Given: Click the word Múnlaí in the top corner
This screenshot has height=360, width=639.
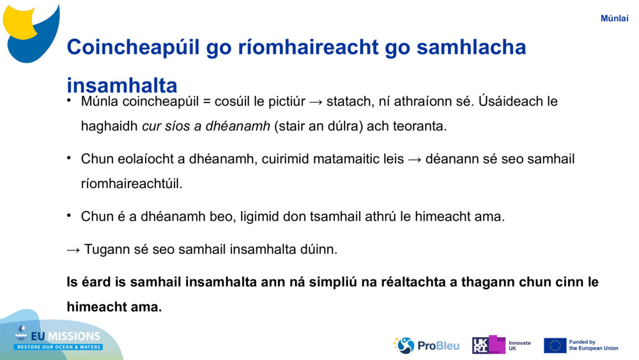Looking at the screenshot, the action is pos(614,19).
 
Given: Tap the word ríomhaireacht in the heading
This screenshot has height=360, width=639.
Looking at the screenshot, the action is pos(292,47).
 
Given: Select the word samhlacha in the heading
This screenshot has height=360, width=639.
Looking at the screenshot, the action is pos(471,47).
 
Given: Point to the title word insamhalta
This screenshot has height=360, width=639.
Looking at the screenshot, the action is pos(122,85).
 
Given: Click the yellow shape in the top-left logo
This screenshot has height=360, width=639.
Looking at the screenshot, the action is pos(20,22).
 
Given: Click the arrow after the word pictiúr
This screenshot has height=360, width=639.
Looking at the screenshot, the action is pos(316,102).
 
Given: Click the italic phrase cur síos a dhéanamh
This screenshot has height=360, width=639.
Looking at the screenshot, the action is pos(206,126).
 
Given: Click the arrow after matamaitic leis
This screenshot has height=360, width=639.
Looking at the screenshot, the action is pos(415,159).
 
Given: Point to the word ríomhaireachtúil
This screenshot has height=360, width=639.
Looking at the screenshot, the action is pos(131,184).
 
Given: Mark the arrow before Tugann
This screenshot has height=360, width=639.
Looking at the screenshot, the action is pos(73,250).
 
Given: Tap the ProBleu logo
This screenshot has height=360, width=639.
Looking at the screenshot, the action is pos(426,345).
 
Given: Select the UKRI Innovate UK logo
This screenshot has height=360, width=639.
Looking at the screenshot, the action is pos(501,345).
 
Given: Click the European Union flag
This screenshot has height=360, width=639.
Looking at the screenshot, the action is pos(555,345).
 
